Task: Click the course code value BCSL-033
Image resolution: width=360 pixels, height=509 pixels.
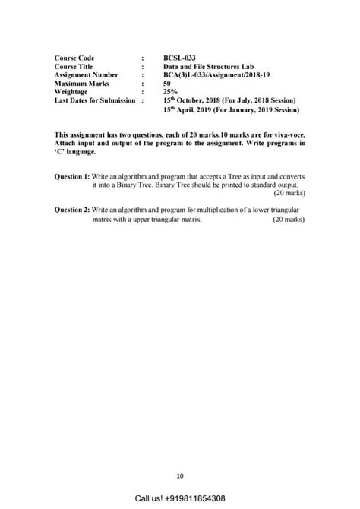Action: pyautogui.click(x=179, y=58)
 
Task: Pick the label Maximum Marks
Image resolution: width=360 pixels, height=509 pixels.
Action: pyautogui.click(x=82, y=83)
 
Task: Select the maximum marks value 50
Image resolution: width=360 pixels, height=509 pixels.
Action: pyautogui.click(x=167, y=83)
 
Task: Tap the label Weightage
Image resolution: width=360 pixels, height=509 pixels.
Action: pyautogui.click(x=71, y=91)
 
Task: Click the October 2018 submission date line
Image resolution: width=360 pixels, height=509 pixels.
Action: pyautogui.click(x=229, y=100)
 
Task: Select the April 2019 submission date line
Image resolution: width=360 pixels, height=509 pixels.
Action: pyautogui.click(x=231, y=110)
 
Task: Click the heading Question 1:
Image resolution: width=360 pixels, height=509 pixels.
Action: pyautogui.click(x=72, y=176)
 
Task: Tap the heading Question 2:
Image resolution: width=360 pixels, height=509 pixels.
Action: pyautogui.click(x=72, y=210)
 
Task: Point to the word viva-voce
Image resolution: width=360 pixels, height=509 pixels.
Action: pyautogui.click(x=286, y=134)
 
